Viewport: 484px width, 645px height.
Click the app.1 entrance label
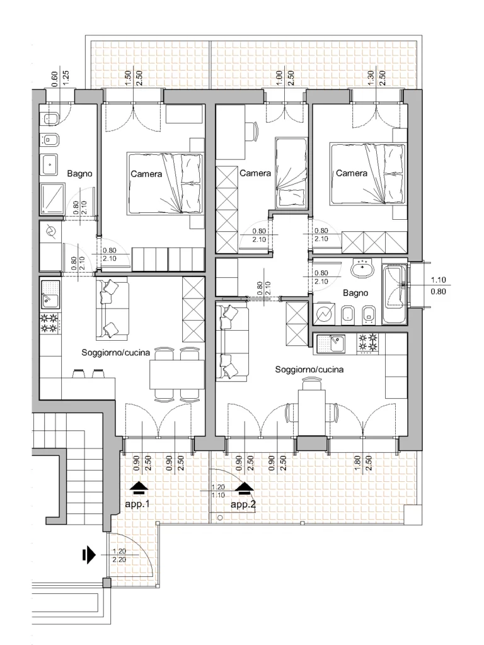137,503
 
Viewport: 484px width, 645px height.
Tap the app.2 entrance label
243,504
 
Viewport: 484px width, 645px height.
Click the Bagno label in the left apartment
79,174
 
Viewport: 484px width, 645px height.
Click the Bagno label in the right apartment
355,293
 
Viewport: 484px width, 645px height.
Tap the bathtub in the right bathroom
395,294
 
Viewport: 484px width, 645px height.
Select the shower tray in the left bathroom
53,198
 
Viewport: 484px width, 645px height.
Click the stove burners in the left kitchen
49,323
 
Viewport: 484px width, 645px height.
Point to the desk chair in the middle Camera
252,131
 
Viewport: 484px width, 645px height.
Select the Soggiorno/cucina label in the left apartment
116,353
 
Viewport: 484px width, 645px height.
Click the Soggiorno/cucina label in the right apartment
309,369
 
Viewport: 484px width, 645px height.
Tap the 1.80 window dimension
358,463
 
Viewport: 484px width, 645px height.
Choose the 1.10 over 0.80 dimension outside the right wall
439,285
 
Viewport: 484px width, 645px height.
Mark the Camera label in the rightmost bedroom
352,173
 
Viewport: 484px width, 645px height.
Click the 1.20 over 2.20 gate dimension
119,556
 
